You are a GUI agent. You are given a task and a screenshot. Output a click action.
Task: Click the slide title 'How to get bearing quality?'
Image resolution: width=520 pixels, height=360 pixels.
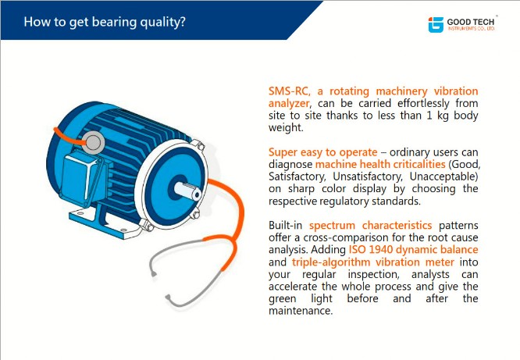[105, 22]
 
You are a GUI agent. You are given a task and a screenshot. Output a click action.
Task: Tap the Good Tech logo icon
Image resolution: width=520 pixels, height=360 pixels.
[436, 24]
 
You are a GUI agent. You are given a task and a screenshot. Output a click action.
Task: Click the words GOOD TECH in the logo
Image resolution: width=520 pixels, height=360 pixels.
[470, 22]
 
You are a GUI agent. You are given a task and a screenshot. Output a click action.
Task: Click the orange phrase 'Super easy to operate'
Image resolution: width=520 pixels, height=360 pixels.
[322, 152]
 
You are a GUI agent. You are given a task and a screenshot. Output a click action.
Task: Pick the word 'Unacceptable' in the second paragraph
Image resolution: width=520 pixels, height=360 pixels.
[443, 176]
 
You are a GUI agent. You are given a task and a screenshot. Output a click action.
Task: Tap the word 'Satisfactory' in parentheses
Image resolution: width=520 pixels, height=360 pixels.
[297, 176]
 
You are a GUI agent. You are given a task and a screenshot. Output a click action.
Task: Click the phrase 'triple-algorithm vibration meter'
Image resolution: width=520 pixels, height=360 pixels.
[372, 262]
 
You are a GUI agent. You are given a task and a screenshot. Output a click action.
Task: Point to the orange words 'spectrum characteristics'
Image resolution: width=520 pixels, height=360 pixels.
[370, 225]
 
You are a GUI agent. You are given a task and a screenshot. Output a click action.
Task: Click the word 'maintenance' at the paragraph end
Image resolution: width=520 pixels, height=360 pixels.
[299, 311]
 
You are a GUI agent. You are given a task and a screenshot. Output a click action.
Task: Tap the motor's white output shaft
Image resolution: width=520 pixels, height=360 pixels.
[187, 191]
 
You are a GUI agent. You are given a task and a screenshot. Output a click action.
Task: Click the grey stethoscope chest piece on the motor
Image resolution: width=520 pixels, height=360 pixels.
[93, 142]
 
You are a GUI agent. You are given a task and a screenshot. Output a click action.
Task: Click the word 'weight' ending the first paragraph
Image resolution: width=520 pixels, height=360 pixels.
[285, 128]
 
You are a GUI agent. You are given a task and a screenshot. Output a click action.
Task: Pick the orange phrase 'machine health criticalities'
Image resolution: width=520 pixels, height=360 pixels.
[380, 164]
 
